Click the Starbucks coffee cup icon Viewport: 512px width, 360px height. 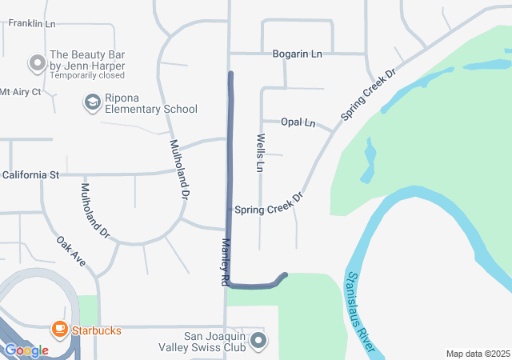(x=59, y=329)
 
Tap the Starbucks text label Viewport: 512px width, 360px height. (x=96, y=330)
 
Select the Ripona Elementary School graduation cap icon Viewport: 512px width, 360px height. (x=91, y=102)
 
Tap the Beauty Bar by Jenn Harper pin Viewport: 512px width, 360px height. (x=35, y=62)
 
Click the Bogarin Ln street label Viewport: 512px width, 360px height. (x=297, y=54)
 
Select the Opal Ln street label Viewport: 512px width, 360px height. (x=298, y=122)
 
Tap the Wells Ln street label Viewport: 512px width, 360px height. (x=260, y=153)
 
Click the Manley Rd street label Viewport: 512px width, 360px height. (x=226, y=262)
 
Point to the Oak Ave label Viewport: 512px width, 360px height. (x=70, y=251)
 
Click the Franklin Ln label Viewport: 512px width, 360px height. (x=32, y=24)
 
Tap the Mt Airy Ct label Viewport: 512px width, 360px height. (x=20, y=92)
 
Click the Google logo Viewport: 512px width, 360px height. (x=26, y=350)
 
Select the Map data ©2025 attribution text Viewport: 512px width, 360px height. (x=477, y=354)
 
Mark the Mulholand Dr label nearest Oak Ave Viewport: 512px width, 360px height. (x=94, y=211)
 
